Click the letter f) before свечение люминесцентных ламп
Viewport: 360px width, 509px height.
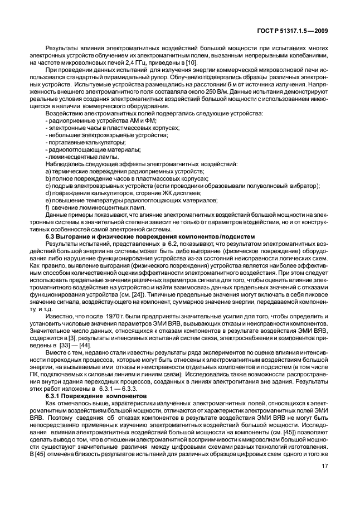[48, 207]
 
